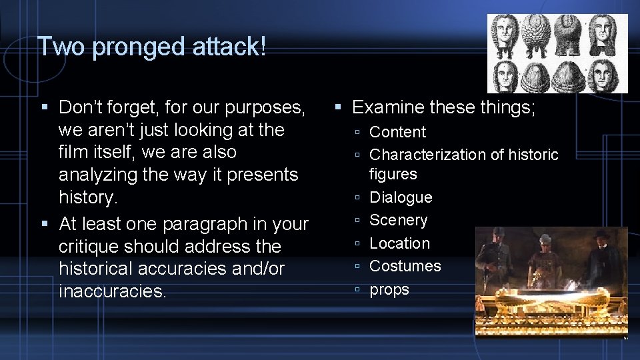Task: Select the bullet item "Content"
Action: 397,132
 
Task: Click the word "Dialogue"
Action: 401,197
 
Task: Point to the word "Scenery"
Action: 398,220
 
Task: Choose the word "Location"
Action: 399,243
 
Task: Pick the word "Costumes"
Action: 405,266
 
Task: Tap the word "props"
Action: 389,289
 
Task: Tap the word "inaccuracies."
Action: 113,292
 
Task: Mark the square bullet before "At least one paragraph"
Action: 45,224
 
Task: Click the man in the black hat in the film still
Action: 601,257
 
